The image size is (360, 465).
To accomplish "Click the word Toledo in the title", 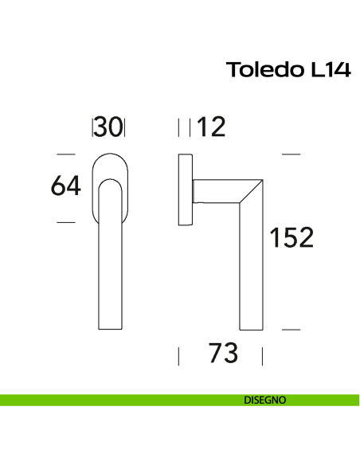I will coord(263,70).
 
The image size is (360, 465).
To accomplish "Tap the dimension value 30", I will coord(109,127).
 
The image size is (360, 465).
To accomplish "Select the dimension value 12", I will coord(212,127).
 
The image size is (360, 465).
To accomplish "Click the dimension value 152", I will coord(292,238).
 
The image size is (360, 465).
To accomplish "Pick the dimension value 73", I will coord(222,354).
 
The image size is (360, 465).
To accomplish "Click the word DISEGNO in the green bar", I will coord(265,400).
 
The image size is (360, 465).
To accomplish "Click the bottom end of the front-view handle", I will coord(109,326).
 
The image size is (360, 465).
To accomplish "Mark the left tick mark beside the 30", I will coord(94,127).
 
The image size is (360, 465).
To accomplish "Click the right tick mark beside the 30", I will coord(125,127).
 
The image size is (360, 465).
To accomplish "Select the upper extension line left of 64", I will coord(66,154).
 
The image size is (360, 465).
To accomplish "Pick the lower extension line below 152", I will coord(292,329).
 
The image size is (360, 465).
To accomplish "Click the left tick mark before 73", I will coord(179,355).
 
